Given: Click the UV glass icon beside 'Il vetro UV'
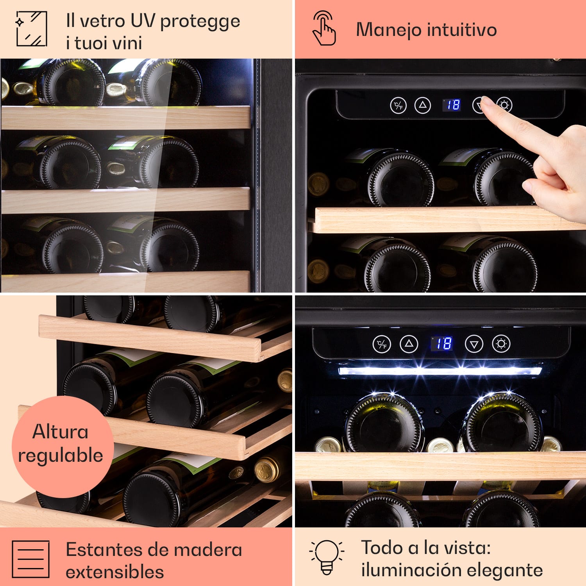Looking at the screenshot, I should click(x=32, y=29).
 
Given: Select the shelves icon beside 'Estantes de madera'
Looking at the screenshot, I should click(x=30, y=559).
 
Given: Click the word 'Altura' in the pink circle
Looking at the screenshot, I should click(x=61, y=432).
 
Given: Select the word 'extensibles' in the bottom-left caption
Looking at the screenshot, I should click(x=114, y=572).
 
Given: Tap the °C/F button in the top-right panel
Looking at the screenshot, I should click(x=398, y=105).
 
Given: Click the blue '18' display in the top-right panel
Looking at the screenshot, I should click(x=453, y=105).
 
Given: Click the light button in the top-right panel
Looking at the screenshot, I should click(x=504, y=105).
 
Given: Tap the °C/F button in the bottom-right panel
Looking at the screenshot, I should click(x=382, y=344).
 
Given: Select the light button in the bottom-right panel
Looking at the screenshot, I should click(x=501, y=344).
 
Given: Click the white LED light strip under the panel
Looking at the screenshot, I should click(x=439, y=371).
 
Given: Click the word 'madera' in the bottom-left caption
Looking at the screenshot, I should click(x=208, y=550).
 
